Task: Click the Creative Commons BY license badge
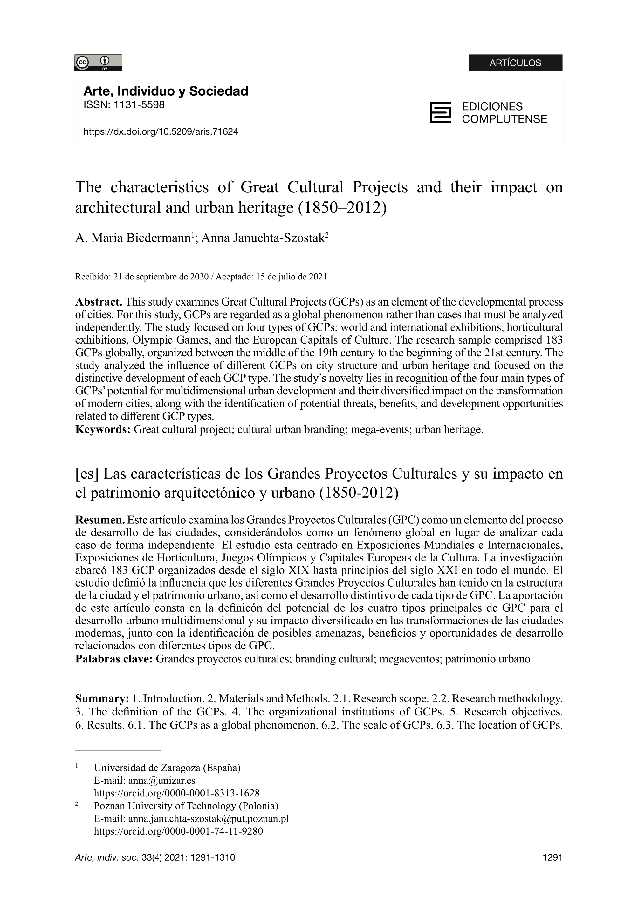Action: click(x=98, y=63)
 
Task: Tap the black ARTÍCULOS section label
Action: click(x=515, y=63)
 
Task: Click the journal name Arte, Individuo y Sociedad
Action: click(x=165, y=91)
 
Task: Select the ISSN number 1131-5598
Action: click(x=138, y=105)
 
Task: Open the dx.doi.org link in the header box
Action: click(x=161, y=131)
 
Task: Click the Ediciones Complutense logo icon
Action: click(x=440, y=113)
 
